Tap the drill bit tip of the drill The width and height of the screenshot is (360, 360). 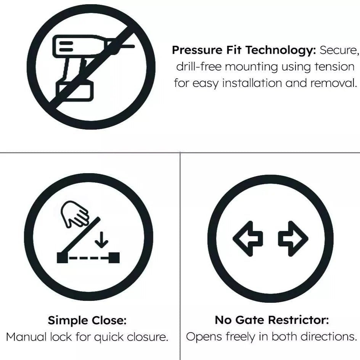(132, 47)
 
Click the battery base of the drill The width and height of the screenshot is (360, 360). (75, 91)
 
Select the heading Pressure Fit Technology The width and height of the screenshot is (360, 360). (244, 50)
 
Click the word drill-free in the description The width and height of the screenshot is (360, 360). (199, 67)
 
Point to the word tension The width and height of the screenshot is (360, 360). (334, 67)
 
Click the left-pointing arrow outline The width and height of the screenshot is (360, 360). (248, 238)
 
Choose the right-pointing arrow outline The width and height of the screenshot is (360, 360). (292, 238)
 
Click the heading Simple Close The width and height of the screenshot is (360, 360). (87, 320)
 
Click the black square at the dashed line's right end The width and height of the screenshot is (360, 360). (114, 258)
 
